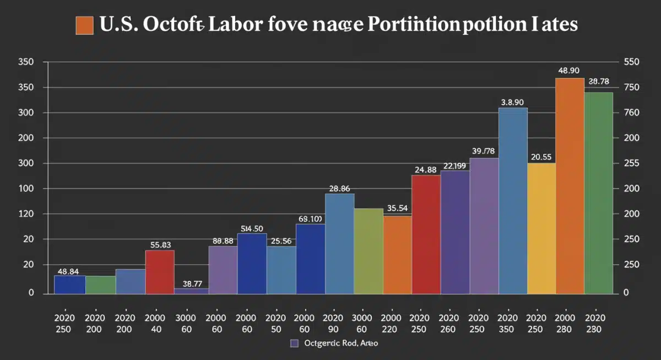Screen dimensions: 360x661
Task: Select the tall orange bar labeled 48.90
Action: point(570,186)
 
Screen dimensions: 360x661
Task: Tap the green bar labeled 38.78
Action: point(598,193)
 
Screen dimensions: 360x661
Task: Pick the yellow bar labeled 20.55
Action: point(541,228)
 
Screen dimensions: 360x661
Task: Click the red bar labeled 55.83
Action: point(160,271)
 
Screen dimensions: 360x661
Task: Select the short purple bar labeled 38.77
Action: point(191,291)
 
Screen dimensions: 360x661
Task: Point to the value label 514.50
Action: point(252,228)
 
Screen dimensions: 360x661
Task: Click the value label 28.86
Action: point(339,188)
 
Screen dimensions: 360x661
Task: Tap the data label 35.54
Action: point(397,208)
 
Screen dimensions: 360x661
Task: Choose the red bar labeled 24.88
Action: point(426,234)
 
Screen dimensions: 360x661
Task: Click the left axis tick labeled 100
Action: point(27,189)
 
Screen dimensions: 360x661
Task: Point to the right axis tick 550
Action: point(631,63)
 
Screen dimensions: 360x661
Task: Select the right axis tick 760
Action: point(631,113)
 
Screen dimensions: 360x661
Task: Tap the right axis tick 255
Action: point(631,163)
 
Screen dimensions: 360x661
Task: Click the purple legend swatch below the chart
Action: point(294,343)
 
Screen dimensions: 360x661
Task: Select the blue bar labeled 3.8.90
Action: point(513,200)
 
